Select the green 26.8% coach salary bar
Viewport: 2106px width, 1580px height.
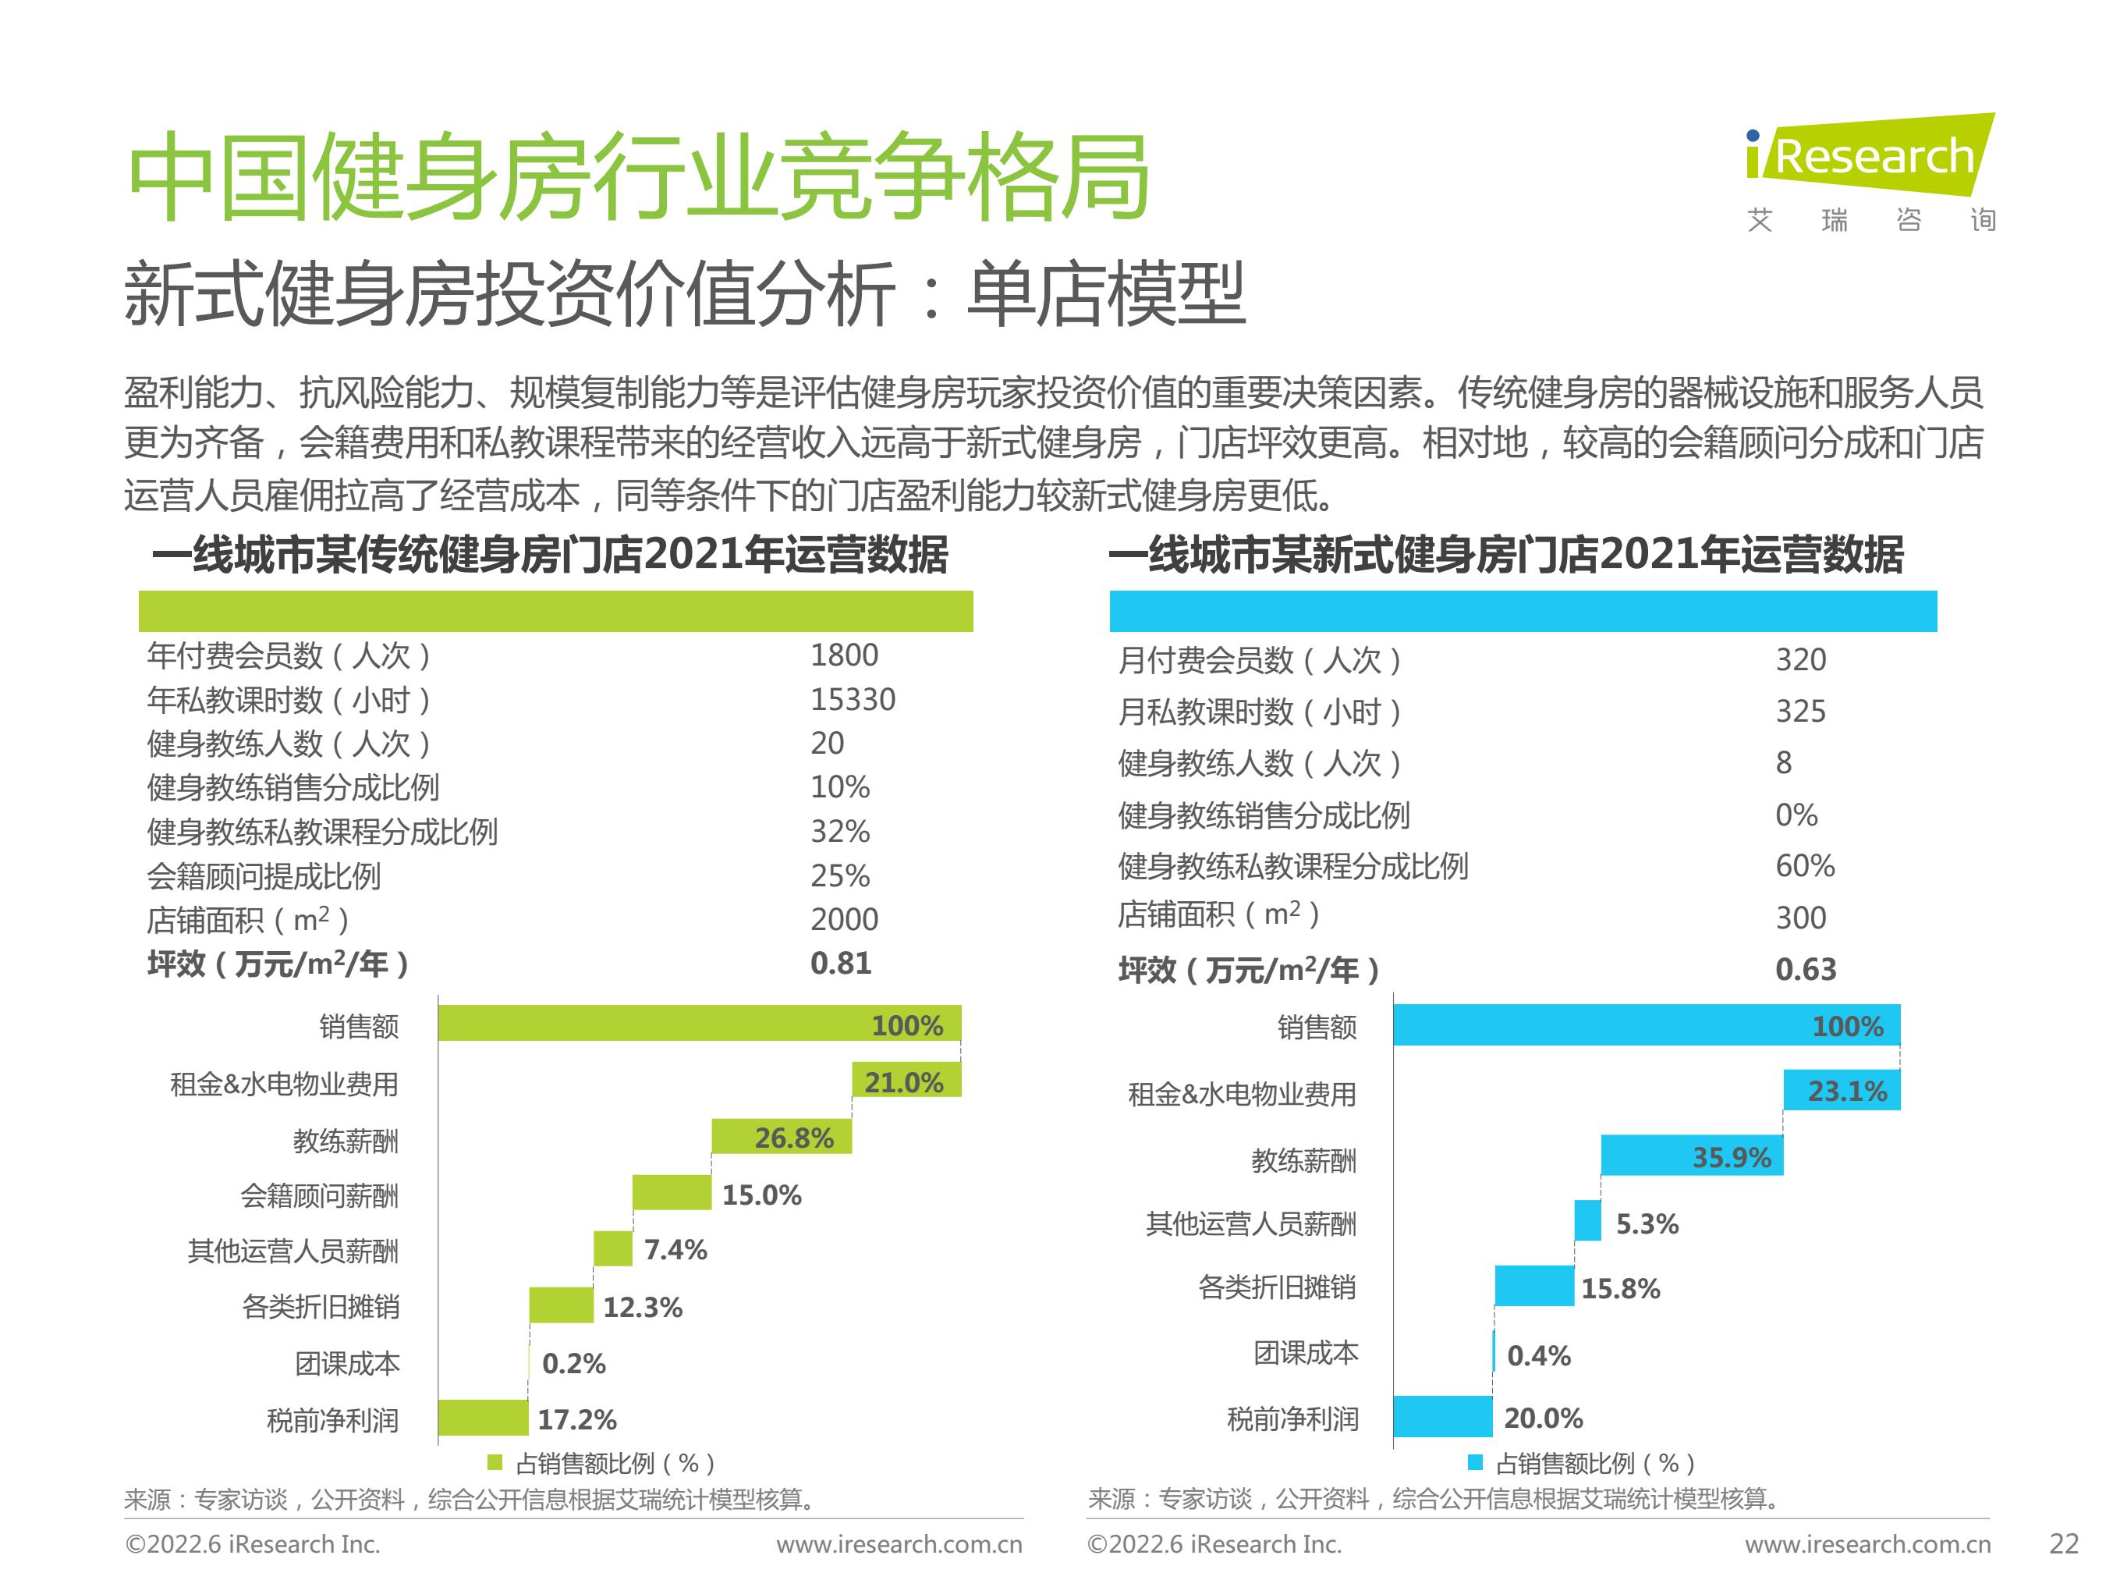(x=781, y=1137)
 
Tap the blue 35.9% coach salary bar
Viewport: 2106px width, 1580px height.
(x=1691, y=1156)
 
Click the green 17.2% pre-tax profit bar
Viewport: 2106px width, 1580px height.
(x=483, y=1418)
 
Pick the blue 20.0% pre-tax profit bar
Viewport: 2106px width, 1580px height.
(x=1442, y=1417)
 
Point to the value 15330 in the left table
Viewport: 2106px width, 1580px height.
(x=852, y=700)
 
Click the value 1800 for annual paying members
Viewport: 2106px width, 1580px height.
(x=843, y=655)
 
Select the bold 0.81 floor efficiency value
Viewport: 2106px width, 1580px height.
(x=840, y=964)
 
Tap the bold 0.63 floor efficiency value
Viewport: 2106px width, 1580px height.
(x=1805, y=970)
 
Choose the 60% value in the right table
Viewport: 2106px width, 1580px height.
(x=1804, y=866)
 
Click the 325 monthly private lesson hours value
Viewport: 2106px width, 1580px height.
(x=1800, y=712)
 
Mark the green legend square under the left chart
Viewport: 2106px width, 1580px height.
(x=495, y=1463)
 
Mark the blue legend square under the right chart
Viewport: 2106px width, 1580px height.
(x=1475, y=1463)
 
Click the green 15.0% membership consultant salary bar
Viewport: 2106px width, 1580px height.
(x=672, y=1193)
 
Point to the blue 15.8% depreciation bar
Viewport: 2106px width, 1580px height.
(x=1533, y=1287)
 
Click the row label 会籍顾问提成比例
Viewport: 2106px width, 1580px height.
(x=264, y=876)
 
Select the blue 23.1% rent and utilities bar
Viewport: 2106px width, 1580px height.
(x=1842, y=1091)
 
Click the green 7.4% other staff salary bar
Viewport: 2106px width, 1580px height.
(x=612, y=1248)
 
